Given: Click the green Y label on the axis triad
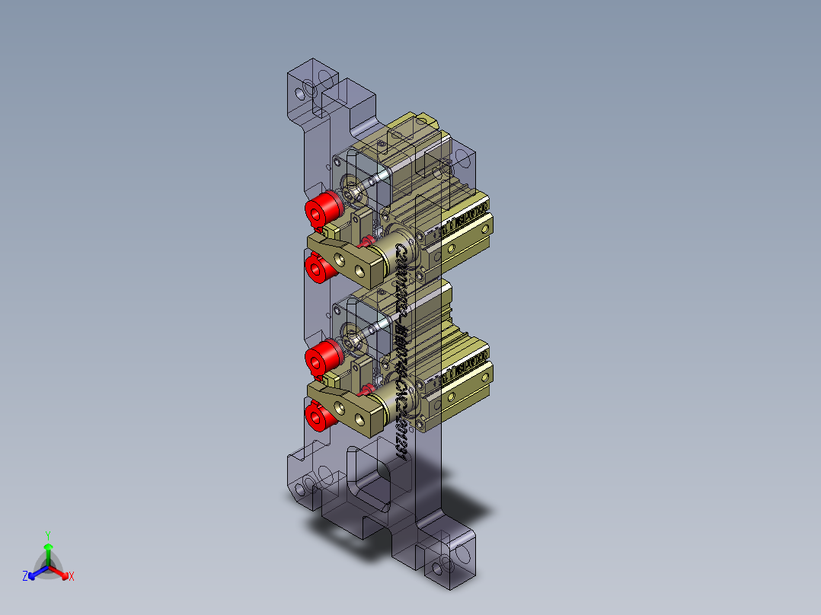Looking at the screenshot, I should pos(47,535).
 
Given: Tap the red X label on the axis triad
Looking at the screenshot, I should pos(72,577).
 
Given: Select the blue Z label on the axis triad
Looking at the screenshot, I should pos(24,577).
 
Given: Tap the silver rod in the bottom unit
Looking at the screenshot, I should pos(378,328).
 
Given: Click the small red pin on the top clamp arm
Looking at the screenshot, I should pos(366,242).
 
